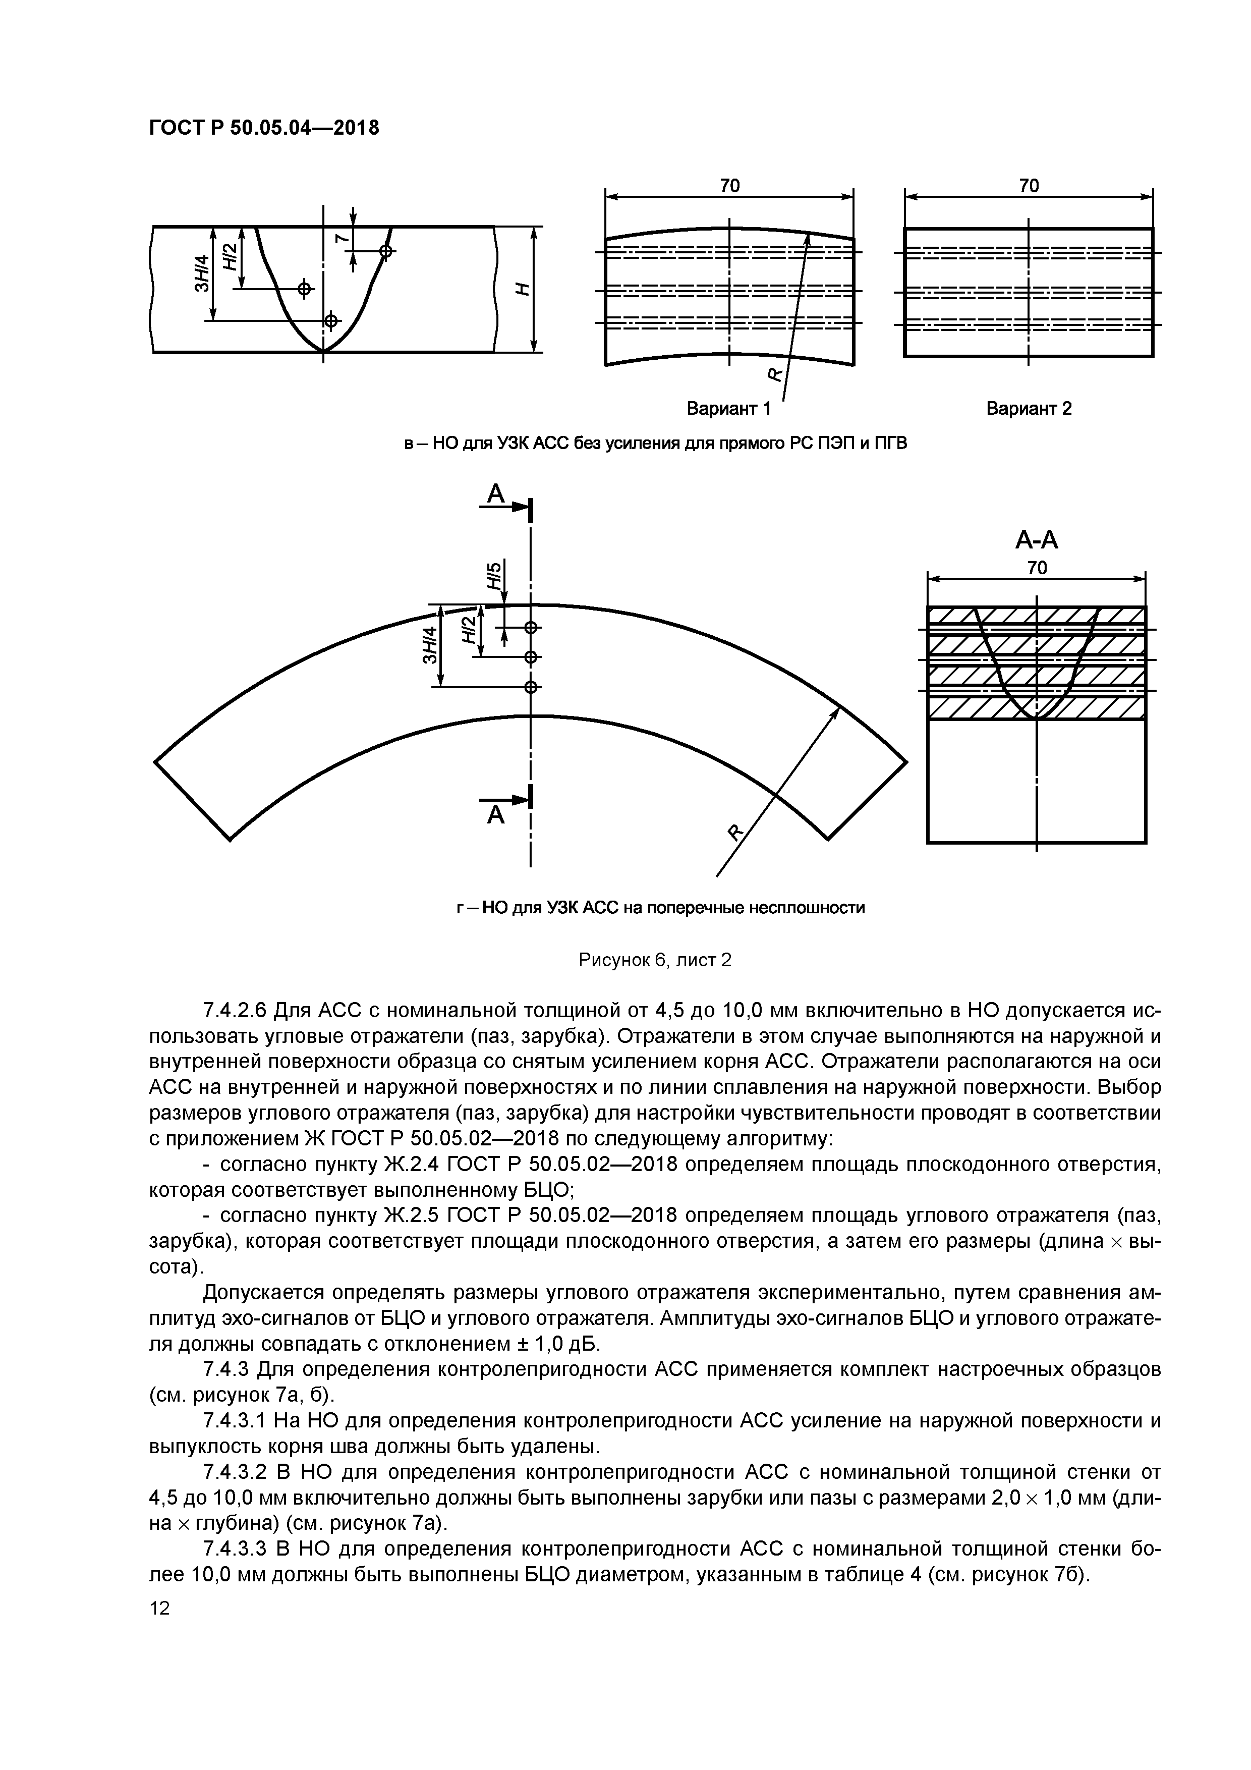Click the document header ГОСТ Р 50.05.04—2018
tap(264, 127)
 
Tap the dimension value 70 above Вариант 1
tap(729, 186)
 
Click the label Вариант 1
tap(728, 409)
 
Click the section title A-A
tap(1036, 540)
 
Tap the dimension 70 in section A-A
tap(1037, 568)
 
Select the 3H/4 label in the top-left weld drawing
tap(202, 273)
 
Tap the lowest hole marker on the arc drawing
tap(530, 687)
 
